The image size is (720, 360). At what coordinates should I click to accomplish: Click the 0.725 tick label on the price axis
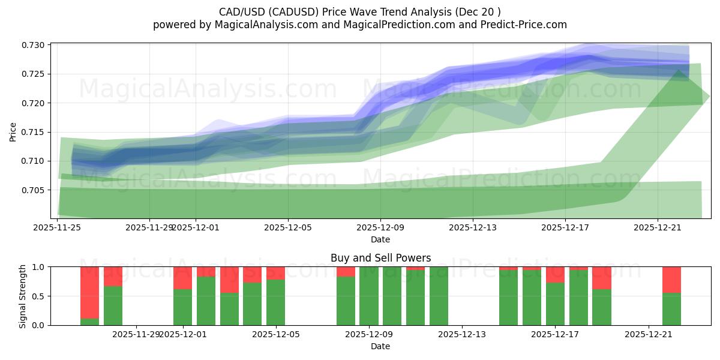click(34, 74)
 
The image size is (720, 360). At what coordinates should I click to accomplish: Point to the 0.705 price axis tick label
click(34, 190)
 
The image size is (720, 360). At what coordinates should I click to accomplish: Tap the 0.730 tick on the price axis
click(34, 46)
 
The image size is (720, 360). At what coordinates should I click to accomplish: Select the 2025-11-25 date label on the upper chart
click(58, 227)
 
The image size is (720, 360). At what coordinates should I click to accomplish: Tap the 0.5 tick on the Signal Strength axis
click(39, 296)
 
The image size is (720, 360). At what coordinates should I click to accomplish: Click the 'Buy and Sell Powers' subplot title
click(380, 258)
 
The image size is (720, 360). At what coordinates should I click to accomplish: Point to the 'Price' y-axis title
click(13, 131)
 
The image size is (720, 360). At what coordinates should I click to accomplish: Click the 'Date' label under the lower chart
click(380, 346)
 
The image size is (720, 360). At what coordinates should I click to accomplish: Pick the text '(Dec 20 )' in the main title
click(478, 11)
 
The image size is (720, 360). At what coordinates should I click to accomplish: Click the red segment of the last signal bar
click(671, 280)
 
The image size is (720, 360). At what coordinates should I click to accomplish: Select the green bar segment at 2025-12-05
click(275, 302)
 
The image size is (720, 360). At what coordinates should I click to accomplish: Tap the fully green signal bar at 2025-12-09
click(368, 296)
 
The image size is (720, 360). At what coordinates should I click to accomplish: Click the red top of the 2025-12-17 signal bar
click(555, 274)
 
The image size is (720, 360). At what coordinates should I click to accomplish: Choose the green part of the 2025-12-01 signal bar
click(182, 307)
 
